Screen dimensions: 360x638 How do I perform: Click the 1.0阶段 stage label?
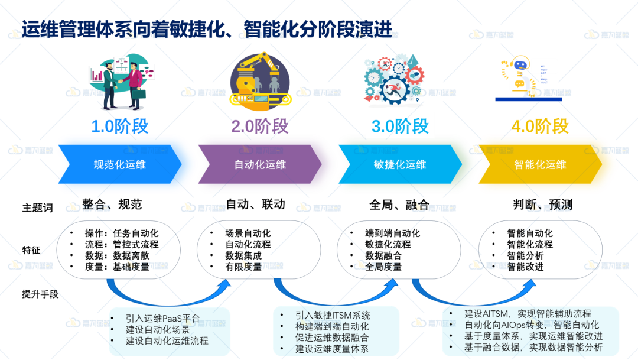click(119, 127)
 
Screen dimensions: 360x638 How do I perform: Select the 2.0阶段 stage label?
click(259, 127)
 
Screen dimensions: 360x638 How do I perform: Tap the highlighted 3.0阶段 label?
click(400, 127)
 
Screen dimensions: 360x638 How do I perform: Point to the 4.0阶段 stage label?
click(540, 127)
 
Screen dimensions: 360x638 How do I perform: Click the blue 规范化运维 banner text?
click(119, 164)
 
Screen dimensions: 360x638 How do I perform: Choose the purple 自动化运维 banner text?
click(260, 164)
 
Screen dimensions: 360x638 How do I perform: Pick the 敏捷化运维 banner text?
click(400, 164)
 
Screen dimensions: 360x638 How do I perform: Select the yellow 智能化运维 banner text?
click(540, 164)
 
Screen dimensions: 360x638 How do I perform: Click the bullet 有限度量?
click(243, 267)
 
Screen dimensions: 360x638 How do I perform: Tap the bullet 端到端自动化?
click(392, 233)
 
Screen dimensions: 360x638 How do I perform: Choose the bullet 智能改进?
click(525, 267)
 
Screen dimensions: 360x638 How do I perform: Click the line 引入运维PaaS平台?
click(159, 317)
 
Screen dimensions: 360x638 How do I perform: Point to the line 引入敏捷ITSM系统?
click(333, 315)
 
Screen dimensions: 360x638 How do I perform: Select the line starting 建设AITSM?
click(527, 313)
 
